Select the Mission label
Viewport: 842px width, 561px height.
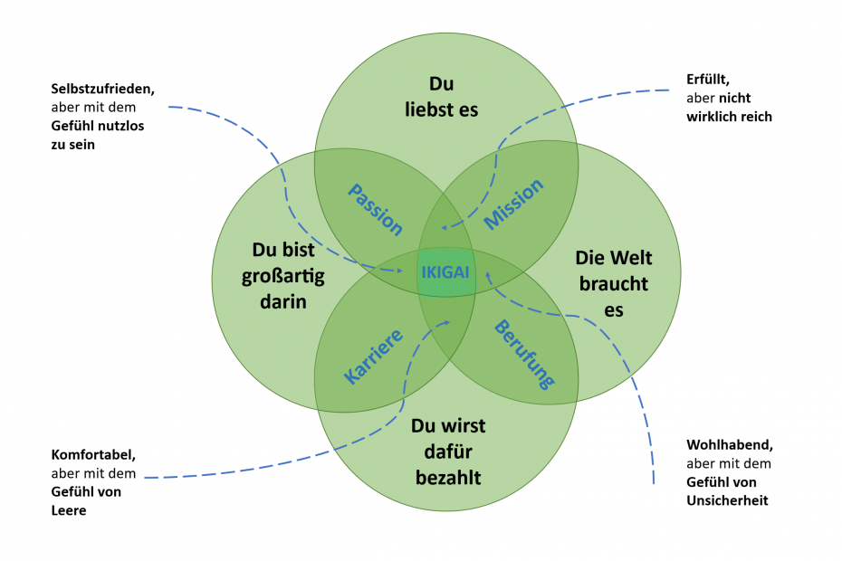pyautogui.click(x=514, y=204)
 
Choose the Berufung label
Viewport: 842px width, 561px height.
pyautogui.click(x=523, y=353)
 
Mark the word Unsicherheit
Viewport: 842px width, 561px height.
pyautogui.click(x=727, y=499)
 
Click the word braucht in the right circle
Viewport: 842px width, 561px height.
pyautogui.click(x=614, y=284)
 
